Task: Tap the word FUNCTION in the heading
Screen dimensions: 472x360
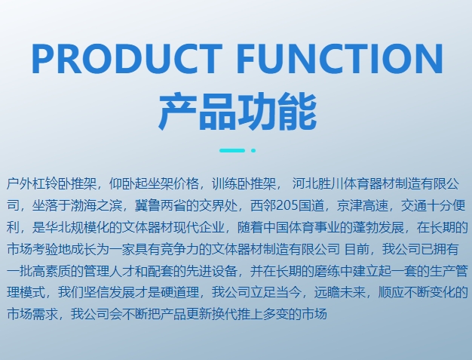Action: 339,59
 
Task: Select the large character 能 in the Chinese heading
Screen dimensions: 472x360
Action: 297,112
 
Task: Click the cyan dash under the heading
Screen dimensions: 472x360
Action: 232,150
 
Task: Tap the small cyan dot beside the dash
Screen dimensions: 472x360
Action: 253,150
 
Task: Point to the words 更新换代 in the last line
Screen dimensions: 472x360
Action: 212,314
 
